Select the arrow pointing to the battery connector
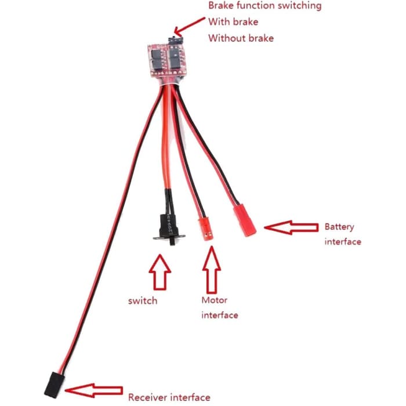(291, 227)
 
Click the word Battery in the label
(339, 227)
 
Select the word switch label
(143, 301)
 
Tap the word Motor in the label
(214, 300)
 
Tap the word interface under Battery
(343, 241)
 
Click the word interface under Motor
(220, 315)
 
